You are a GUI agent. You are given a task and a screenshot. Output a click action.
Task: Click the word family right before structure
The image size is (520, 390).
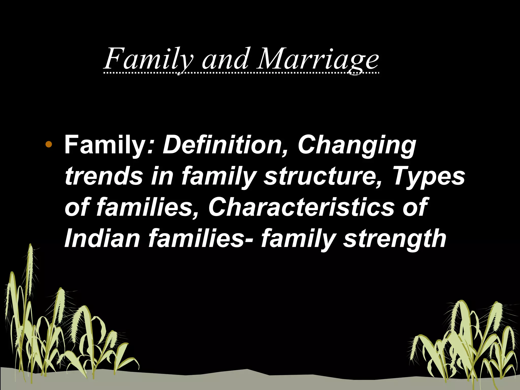[x=218, y=177]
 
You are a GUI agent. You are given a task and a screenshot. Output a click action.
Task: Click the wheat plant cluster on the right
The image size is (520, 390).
[x=465, y=343]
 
